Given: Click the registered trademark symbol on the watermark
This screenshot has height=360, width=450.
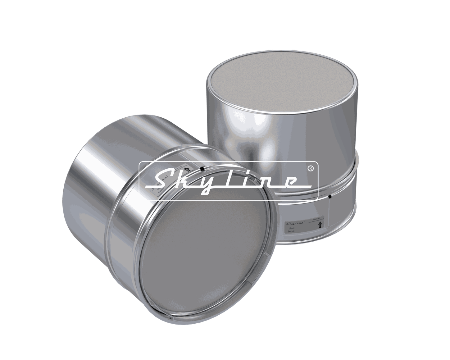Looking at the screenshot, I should pyautogui.click(x=310, y=168).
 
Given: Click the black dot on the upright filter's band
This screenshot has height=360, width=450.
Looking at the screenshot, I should pyautogui.click(x=330, y=196).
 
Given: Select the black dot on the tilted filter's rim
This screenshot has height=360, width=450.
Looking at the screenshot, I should pyautogui.click(x=202, y=169).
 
